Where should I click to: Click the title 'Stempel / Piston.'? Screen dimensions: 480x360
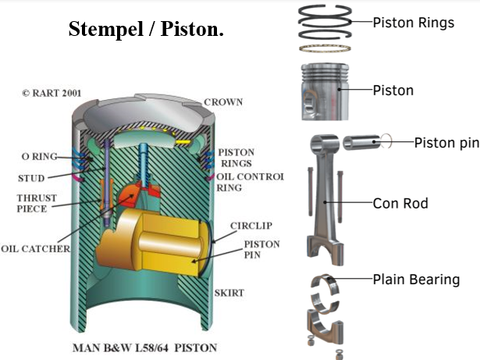coord(146,29)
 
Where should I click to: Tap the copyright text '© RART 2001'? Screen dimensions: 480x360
coord(52,93)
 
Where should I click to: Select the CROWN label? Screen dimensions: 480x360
coord(223,102)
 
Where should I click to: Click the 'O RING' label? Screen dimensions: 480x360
coord(40,156)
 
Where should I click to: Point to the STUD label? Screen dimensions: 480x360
coord(31,178)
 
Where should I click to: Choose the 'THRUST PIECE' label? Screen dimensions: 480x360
coord(37,203)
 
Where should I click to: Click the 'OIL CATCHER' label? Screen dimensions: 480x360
coord(35,248)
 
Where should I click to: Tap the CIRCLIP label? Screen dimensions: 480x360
coord(251,226)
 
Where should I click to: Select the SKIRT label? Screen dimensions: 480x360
coord(229,293)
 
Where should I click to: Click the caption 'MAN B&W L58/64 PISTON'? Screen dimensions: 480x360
coord(145,348)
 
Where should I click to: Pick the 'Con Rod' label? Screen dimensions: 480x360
coord(400,203)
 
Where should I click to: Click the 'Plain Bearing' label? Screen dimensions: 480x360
coord(416,280)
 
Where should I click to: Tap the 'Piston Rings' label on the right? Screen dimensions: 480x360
coord(414,23)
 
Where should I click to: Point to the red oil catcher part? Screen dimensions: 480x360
coord(137,193)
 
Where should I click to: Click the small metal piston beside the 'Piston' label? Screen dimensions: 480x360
coord(325,91)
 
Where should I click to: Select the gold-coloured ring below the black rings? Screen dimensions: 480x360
coord(325,48)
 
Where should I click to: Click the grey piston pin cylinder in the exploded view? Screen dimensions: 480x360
coord(362,142)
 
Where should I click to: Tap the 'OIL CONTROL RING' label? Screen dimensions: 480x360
coord(250,182)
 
